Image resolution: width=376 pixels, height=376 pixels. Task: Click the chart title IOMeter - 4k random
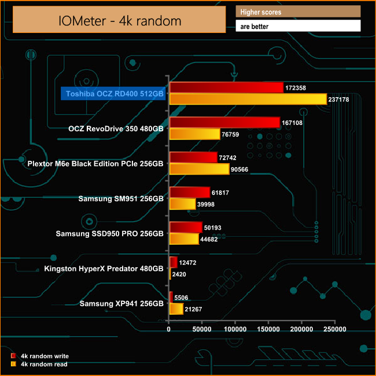[x=120, y=21]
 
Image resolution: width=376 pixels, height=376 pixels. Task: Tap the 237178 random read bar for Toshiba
[x=248, y=99]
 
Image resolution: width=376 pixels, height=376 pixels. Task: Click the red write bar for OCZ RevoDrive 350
[x=224, y=123]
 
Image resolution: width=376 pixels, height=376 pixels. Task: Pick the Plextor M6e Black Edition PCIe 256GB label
[x=96, y=164]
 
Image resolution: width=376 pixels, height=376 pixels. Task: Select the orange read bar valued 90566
[x=199, y=169]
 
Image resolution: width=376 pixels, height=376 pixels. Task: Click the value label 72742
[x=230, y=157]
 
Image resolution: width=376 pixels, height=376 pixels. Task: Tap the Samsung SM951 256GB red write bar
[x=189, y=192]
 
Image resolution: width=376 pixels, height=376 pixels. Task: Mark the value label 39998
[x=208, y=204]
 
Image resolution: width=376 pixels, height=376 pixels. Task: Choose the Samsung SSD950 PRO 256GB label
[x=109, y=234]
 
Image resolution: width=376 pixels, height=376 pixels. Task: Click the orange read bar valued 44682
[x=184, y=238]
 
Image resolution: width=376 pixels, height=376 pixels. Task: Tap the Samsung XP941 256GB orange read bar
[x=176, y=309]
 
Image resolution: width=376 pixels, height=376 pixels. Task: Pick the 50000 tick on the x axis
[x=202, y=329]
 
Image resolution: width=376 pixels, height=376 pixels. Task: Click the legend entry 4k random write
[x=43, y=356]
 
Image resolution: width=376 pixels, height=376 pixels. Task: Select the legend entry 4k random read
[x=43, y=364]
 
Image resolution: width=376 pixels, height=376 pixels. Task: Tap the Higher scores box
[x=298, y=12]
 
